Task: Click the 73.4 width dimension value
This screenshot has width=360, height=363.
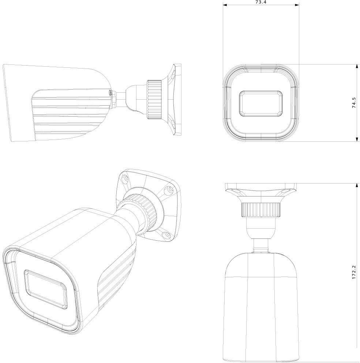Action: point(261,2)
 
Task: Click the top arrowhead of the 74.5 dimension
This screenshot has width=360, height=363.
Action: point(356,66)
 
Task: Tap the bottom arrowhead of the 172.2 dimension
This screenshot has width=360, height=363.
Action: point(356,360)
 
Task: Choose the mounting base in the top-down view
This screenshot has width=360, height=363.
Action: point(261,191)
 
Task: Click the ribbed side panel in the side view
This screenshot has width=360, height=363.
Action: point(70,114)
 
